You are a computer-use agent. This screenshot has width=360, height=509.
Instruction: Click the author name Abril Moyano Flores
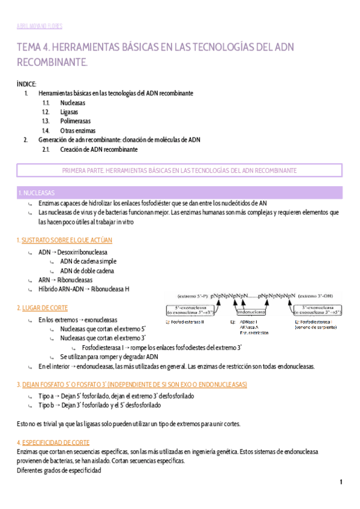coord(39,26)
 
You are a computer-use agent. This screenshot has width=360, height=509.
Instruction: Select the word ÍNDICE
coord(27,83)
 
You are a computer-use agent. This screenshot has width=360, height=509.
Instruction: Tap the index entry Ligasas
coord(69,112)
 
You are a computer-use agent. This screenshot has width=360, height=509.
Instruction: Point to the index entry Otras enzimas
coord(77,130)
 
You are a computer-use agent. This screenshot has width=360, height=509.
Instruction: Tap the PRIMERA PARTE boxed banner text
coord(179,170)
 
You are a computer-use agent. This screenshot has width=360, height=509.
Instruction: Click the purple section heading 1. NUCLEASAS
coord(37,193)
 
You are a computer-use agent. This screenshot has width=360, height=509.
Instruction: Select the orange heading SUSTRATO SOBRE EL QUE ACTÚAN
coord(67,240)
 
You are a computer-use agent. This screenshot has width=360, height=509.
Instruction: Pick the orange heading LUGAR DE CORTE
coord(44,308)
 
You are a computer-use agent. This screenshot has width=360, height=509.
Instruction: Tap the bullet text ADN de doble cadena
coord(88,271)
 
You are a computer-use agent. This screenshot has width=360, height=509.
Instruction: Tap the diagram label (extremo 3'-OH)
coord(324,296)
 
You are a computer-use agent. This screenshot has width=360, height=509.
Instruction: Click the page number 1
coord(341,482)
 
